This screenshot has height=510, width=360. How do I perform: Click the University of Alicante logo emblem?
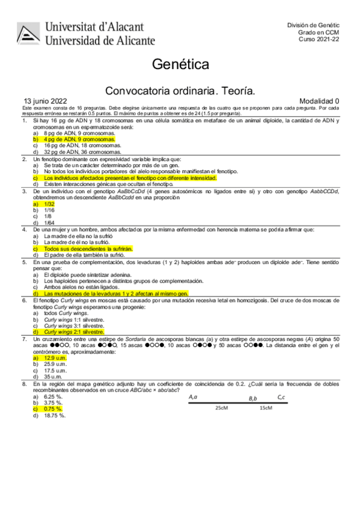[x=29, y=34]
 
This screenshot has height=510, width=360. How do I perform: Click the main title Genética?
[x=180, y=64]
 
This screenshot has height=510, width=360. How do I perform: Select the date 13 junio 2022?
[x=46, y=100]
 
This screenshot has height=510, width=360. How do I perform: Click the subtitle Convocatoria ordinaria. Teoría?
[x=180, y=90]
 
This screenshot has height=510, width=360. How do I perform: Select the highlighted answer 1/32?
[x=49, y=204]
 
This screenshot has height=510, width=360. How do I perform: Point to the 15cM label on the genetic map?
[x=265, y=407]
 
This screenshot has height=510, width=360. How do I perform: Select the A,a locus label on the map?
[x=193, y=397]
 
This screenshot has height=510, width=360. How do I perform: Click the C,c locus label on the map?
[x=281, y=397]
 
